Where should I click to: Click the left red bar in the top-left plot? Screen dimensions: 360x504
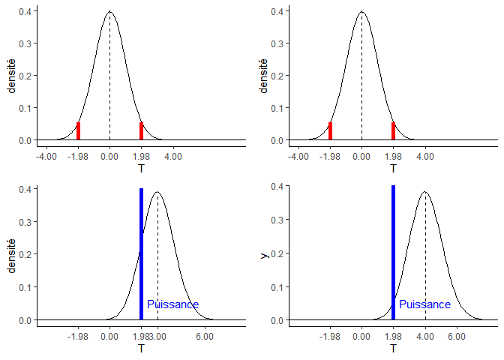[x=78, y=131]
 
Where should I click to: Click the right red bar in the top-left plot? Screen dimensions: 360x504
[x=141, y=131]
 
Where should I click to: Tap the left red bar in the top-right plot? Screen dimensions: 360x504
[x=330, y=131]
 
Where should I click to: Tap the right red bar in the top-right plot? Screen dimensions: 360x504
[x=393, y=131]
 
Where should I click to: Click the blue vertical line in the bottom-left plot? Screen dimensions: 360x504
[x=141, y=255]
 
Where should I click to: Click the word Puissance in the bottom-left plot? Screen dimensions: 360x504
[x=172, y=304]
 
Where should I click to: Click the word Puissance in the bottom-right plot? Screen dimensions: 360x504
[x=424, y=304]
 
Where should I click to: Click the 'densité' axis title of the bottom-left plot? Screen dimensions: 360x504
[x=12, y=255]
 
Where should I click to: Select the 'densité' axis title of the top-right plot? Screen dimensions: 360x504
[x=264, y=75]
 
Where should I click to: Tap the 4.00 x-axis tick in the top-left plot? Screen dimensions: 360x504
[x=172, y=157]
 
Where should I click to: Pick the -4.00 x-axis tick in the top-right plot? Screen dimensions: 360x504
[x=298, y=157]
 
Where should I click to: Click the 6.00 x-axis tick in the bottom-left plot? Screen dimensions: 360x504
[x=204, y=337]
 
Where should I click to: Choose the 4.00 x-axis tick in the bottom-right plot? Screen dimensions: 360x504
[x=424, y=337]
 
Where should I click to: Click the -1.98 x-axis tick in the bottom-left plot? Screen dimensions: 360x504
[x=78, y=337]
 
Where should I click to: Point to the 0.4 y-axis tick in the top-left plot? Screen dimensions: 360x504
[x=25, y=11]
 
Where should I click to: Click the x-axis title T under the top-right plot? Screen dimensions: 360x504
[x=393, y=169]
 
